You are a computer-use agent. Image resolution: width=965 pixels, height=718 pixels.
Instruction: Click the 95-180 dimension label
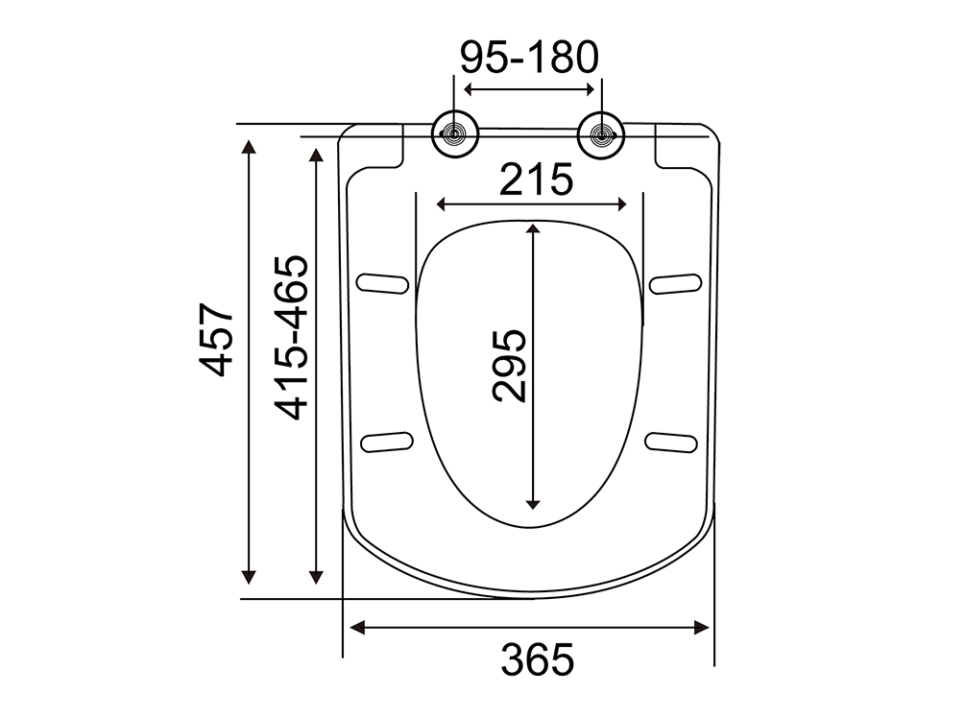tap(530, 58)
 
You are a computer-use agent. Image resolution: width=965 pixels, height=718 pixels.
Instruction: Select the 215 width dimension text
tap(536, 179)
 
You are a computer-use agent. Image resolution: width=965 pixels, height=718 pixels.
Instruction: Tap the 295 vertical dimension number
tap(510, 366)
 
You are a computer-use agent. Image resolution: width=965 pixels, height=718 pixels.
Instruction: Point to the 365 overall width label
tap(538, 658)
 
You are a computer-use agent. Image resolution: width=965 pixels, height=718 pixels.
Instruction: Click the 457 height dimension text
tap(217, 339)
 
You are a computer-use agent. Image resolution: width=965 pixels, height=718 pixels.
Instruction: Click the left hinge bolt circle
tap(455, 134)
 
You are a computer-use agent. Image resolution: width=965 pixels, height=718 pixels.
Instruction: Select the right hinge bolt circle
tap(601, 135)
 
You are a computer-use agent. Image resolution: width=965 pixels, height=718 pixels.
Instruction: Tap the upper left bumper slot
tap(382, 282)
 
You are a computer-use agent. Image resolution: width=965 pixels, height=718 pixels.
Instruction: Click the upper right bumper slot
tap(676, 283)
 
